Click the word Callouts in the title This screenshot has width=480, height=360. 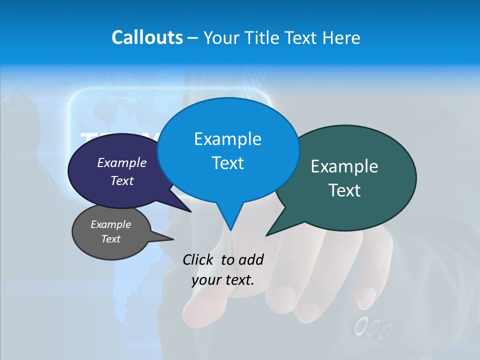(147, 37)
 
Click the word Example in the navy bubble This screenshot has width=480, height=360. (122, 162)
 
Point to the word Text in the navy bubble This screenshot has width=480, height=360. (122, 180)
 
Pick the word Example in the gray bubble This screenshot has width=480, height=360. (111, 224)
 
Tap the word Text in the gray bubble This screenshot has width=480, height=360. (111, 239)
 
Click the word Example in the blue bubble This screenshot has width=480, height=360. (227, 138)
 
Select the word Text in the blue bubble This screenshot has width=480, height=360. (227, 163)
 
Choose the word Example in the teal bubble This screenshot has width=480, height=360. (344, 166)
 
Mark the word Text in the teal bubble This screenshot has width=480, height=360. (344, 190)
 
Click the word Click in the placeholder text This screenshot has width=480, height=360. (199, 259)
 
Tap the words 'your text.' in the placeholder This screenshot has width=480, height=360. (223, 280)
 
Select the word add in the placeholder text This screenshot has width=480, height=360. (250, 259)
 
